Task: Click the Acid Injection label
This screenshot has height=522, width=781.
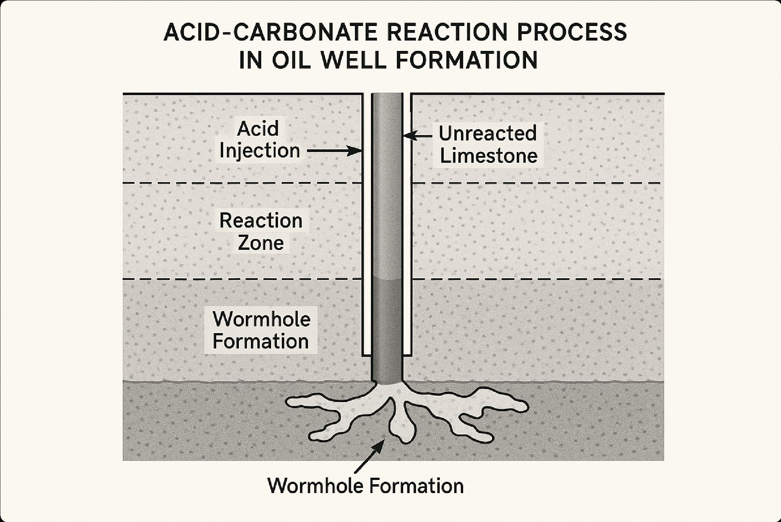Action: tap(259, 139)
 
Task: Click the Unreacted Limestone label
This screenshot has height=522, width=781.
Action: tap(488, 144)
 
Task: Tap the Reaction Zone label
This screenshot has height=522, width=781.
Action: tap(261, 231)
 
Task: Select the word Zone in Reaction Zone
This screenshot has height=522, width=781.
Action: tap(261, 243)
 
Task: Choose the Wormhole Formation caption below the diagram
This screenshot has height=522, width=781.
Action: tap(365, 486)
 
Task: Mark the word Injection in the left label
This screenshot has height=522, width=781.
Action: tap(259, 150)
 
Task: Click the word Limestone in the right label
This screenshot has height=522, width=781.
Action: tap(488, 156)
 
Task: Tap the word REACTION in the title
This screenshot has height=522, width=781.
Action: tap(448, 32)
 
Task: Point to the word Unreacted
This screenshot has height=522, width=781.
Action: tap(488, 133)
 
